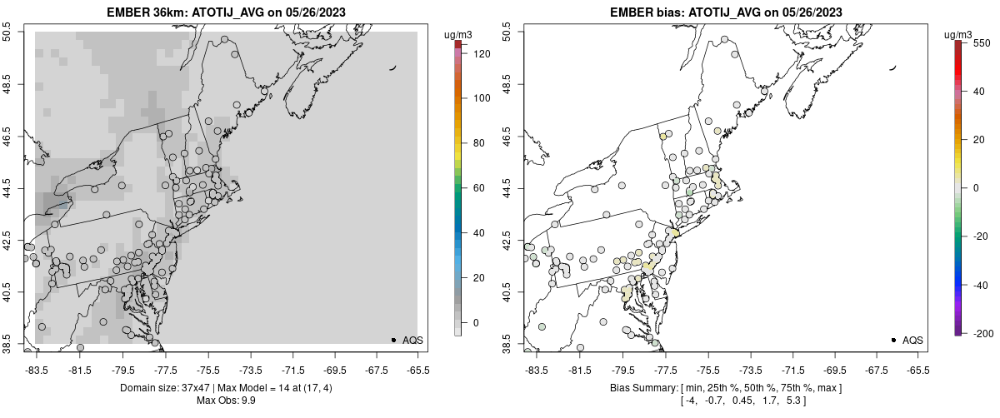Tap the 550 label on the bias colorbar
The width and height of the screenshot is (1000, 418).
[x=982, y=42]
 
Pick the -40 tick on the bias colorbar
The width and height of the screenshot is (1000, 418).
[x=982, y=284]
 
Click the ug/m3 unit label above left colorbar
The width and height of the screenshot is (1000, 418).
[x=459, y=34]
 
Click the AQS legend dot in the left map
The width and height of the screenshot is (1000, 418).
[x=393, y=340]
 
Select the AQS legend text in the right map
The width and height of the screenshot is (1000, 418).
[x=912, y=340]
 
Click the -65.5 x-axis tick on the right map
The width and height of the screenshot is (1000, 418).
[x=917, y=368]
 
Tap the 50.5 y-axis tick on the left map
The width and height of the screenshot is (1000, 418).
[x=8, y=32]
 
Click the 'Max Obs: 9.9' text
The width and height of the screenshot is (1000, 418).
[x=227, y=401]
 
